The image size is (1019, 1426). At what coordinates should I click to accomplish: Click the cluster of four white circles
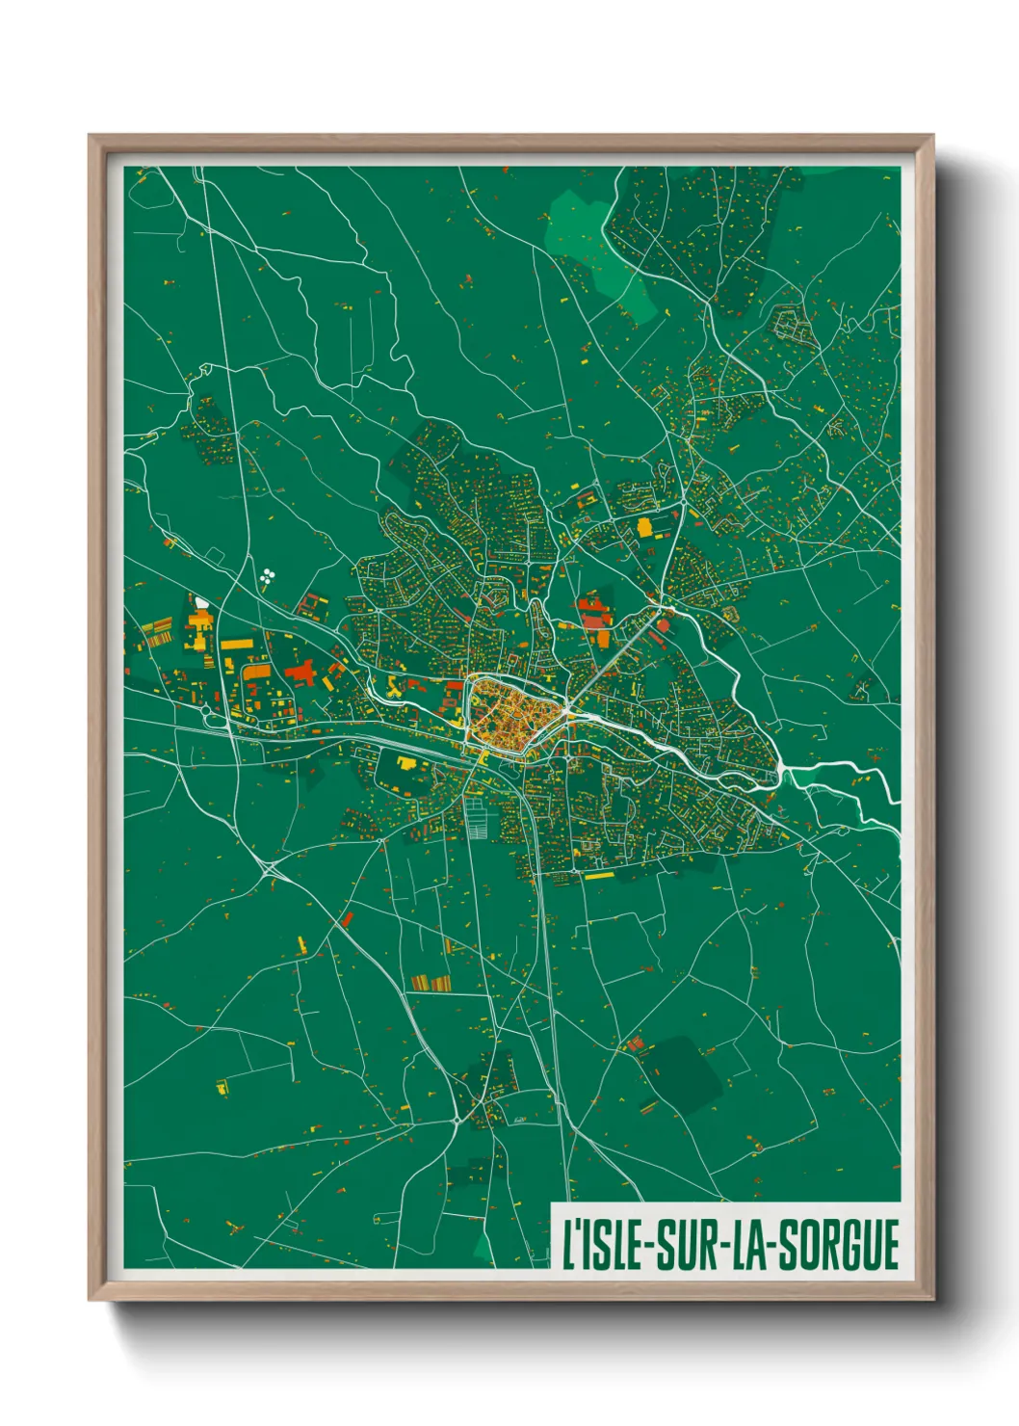267,576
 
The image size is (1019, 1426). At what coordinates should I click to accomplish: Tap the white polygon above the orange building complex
201,602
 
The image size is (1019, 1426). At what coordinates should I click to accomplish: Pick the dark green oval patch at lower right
682,1074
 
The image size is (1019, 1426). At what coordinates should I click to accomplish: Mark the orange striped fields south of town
431,983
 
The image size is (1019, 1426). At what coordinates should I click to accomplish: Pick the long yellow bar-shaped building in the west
237,644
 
